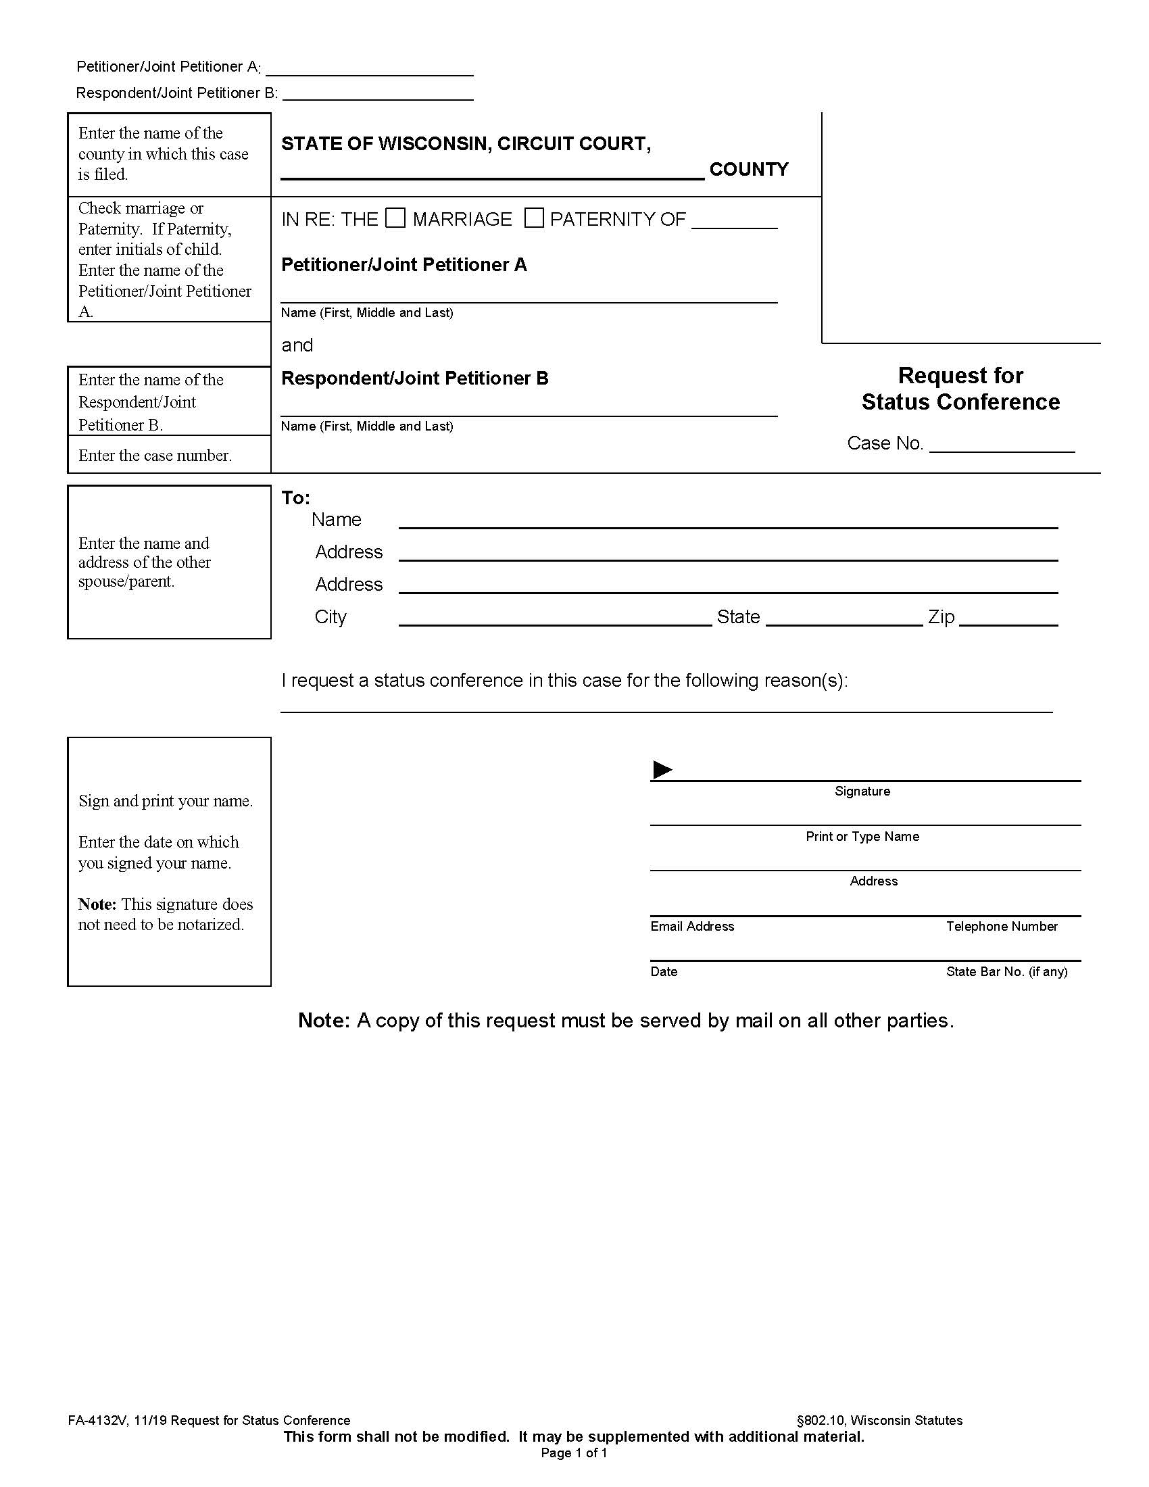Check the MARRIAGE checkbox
pyautogui.click(x=395, y=218)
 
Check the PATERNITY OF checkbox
pyautogui.click(x=534, y=218)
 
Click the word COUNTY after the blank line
pyautogui.click(x=749, y=170)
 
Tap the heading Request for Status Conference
pyautogui.click(x=960, y=389)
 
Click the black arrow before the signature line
pyautogui.click(x=662, y=770)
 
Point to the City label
pyautogui.click(x=330, y=617)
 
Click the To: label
pyautogui.click(x=295, y=497)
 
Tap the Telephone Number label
pyautogui.click(x=1001, y=927)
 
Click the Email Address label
pyautogui.click(x=691, y=927)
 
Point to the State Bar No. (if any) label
pyautogui.click(x=1006, y=971)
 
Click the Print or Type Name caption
pyautogui.click(x=862, y=837)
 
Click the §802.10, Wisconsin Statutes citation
pyautogui.click(x=879, y=1420)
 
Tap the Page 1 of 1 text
pyautogui.click(x=574, y=1453)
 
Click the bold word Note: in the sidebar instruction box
pyautogui.click(x=97, y=904)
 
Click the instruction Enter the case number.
pyautogui.click(x=155, y=456)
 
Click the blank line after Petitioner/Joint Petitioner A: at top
pyautogui.click(x=369, y=70)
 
